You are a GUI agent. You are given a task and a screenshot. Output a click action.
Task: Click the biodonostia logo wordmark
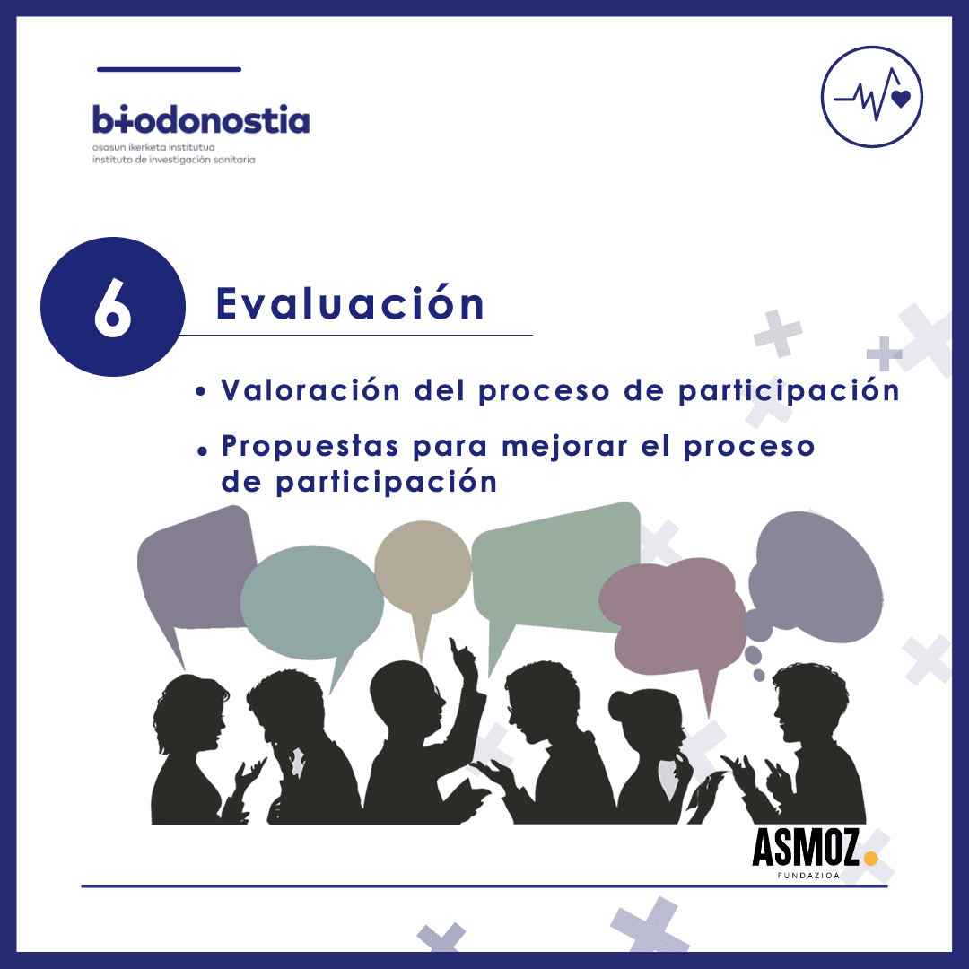[x=201, y=119]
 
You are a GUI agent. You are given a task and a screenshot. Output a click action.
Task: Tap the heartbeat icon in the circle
[x=872, y=96]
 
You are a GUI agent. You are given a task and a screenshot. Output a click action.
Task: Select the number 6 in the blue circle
[x=112, y=307]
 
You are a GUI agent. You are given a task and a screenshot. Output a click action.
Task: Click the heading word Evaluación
[x=350, y=303]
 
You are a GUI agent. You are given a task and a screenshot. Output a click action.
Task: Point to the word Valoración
[x=310, y=390]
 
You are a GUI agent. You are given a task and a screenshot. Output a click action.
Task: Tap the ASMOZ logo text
[x=805, y=848]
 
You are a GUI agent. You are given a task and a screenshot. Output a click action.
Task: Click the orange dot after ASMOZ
[x=870, y=858]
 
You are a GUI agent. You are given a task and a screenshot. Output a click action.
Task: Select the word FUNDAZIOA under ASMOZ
[x=808, y=875]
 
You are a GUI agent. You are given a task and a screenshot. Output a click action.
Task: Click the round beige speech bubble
[x=423, y=569]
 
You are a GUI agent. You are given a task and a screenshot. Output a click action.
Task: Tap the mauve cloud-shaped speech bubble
[x=674, y=615]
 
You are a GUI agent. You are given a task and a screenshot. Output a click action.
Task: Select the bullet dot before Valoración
[x=199, y=391]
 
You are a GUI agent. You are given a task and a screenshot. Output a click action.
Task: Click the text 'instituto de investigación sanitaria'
[x=174, y=160]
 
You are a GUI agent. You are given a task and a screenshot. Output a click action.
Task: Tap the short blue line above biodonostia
[x=169, y=69]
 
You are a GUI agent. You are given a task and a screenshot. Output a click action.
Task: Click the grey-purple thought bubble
[x=816, y=578]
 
